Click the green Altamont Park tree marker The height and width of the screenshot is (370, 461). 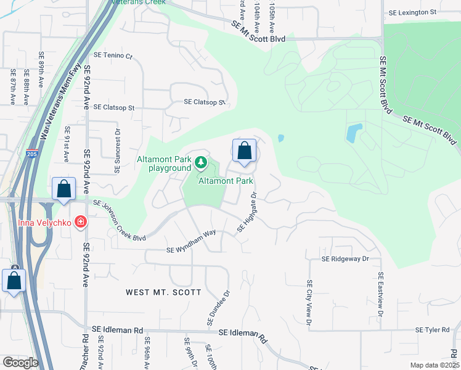point(200,163)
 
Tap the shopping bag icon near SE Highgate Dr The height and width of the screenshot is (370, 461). point(244,150)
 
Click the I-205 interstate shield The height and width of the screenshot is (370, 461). point(32,155)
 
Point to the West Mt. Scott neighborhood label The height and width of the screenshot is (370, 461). point(163,292)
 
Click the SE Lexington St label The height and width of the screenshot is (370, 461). point(412,12)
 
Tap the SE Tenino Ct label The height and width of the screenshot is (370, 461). point(113,56)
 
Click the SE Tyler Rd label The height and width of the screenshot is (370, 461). point(433,330)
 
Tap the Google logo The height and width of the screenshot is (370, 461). point(20,363)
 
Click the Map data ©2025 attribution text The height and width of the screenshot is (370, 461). point(434,365)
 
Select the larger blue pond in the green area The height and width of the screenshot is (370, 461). point(353,133)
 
